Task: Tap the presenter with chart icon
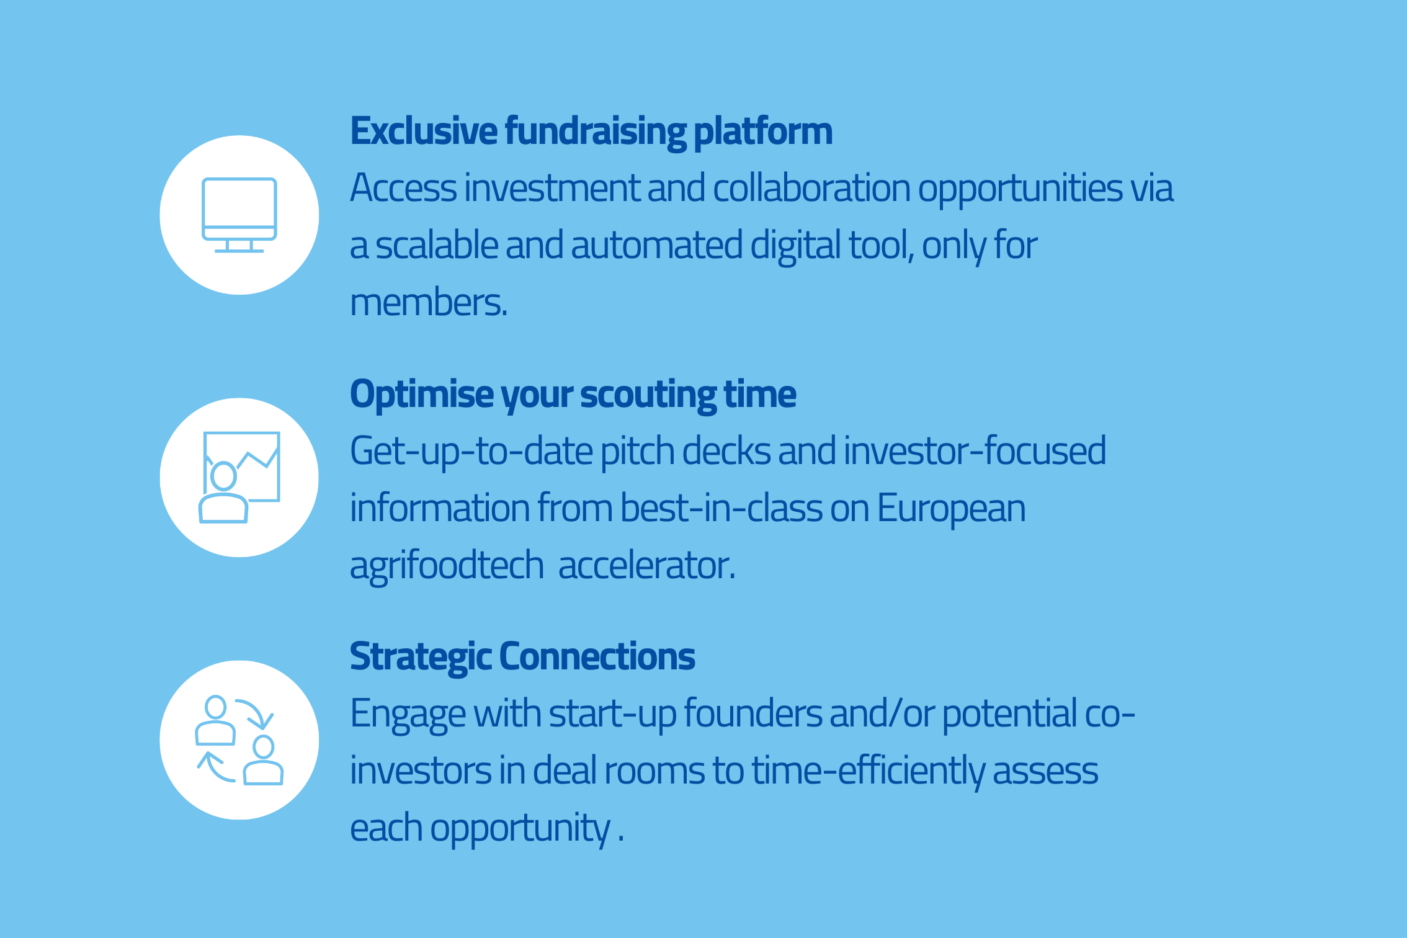pyautogui.click(x=239, y=477)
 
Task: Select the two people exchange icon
pyautogui.click(x=239, y=740)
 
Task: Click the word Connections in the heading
pyautogui.click(x=597, y=656)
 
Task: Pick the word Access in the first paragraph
pyautogui.click(x=403, y=188)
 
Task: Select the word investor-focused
pyautogui.click(x=975, y=450)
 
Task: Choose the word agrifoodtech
pyautogui.click(x=447, y=567)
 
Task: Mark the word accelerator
pyautogui.click(x=647, y=566)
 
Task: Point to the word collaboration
pyautogui.click(x=811, y=188)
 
